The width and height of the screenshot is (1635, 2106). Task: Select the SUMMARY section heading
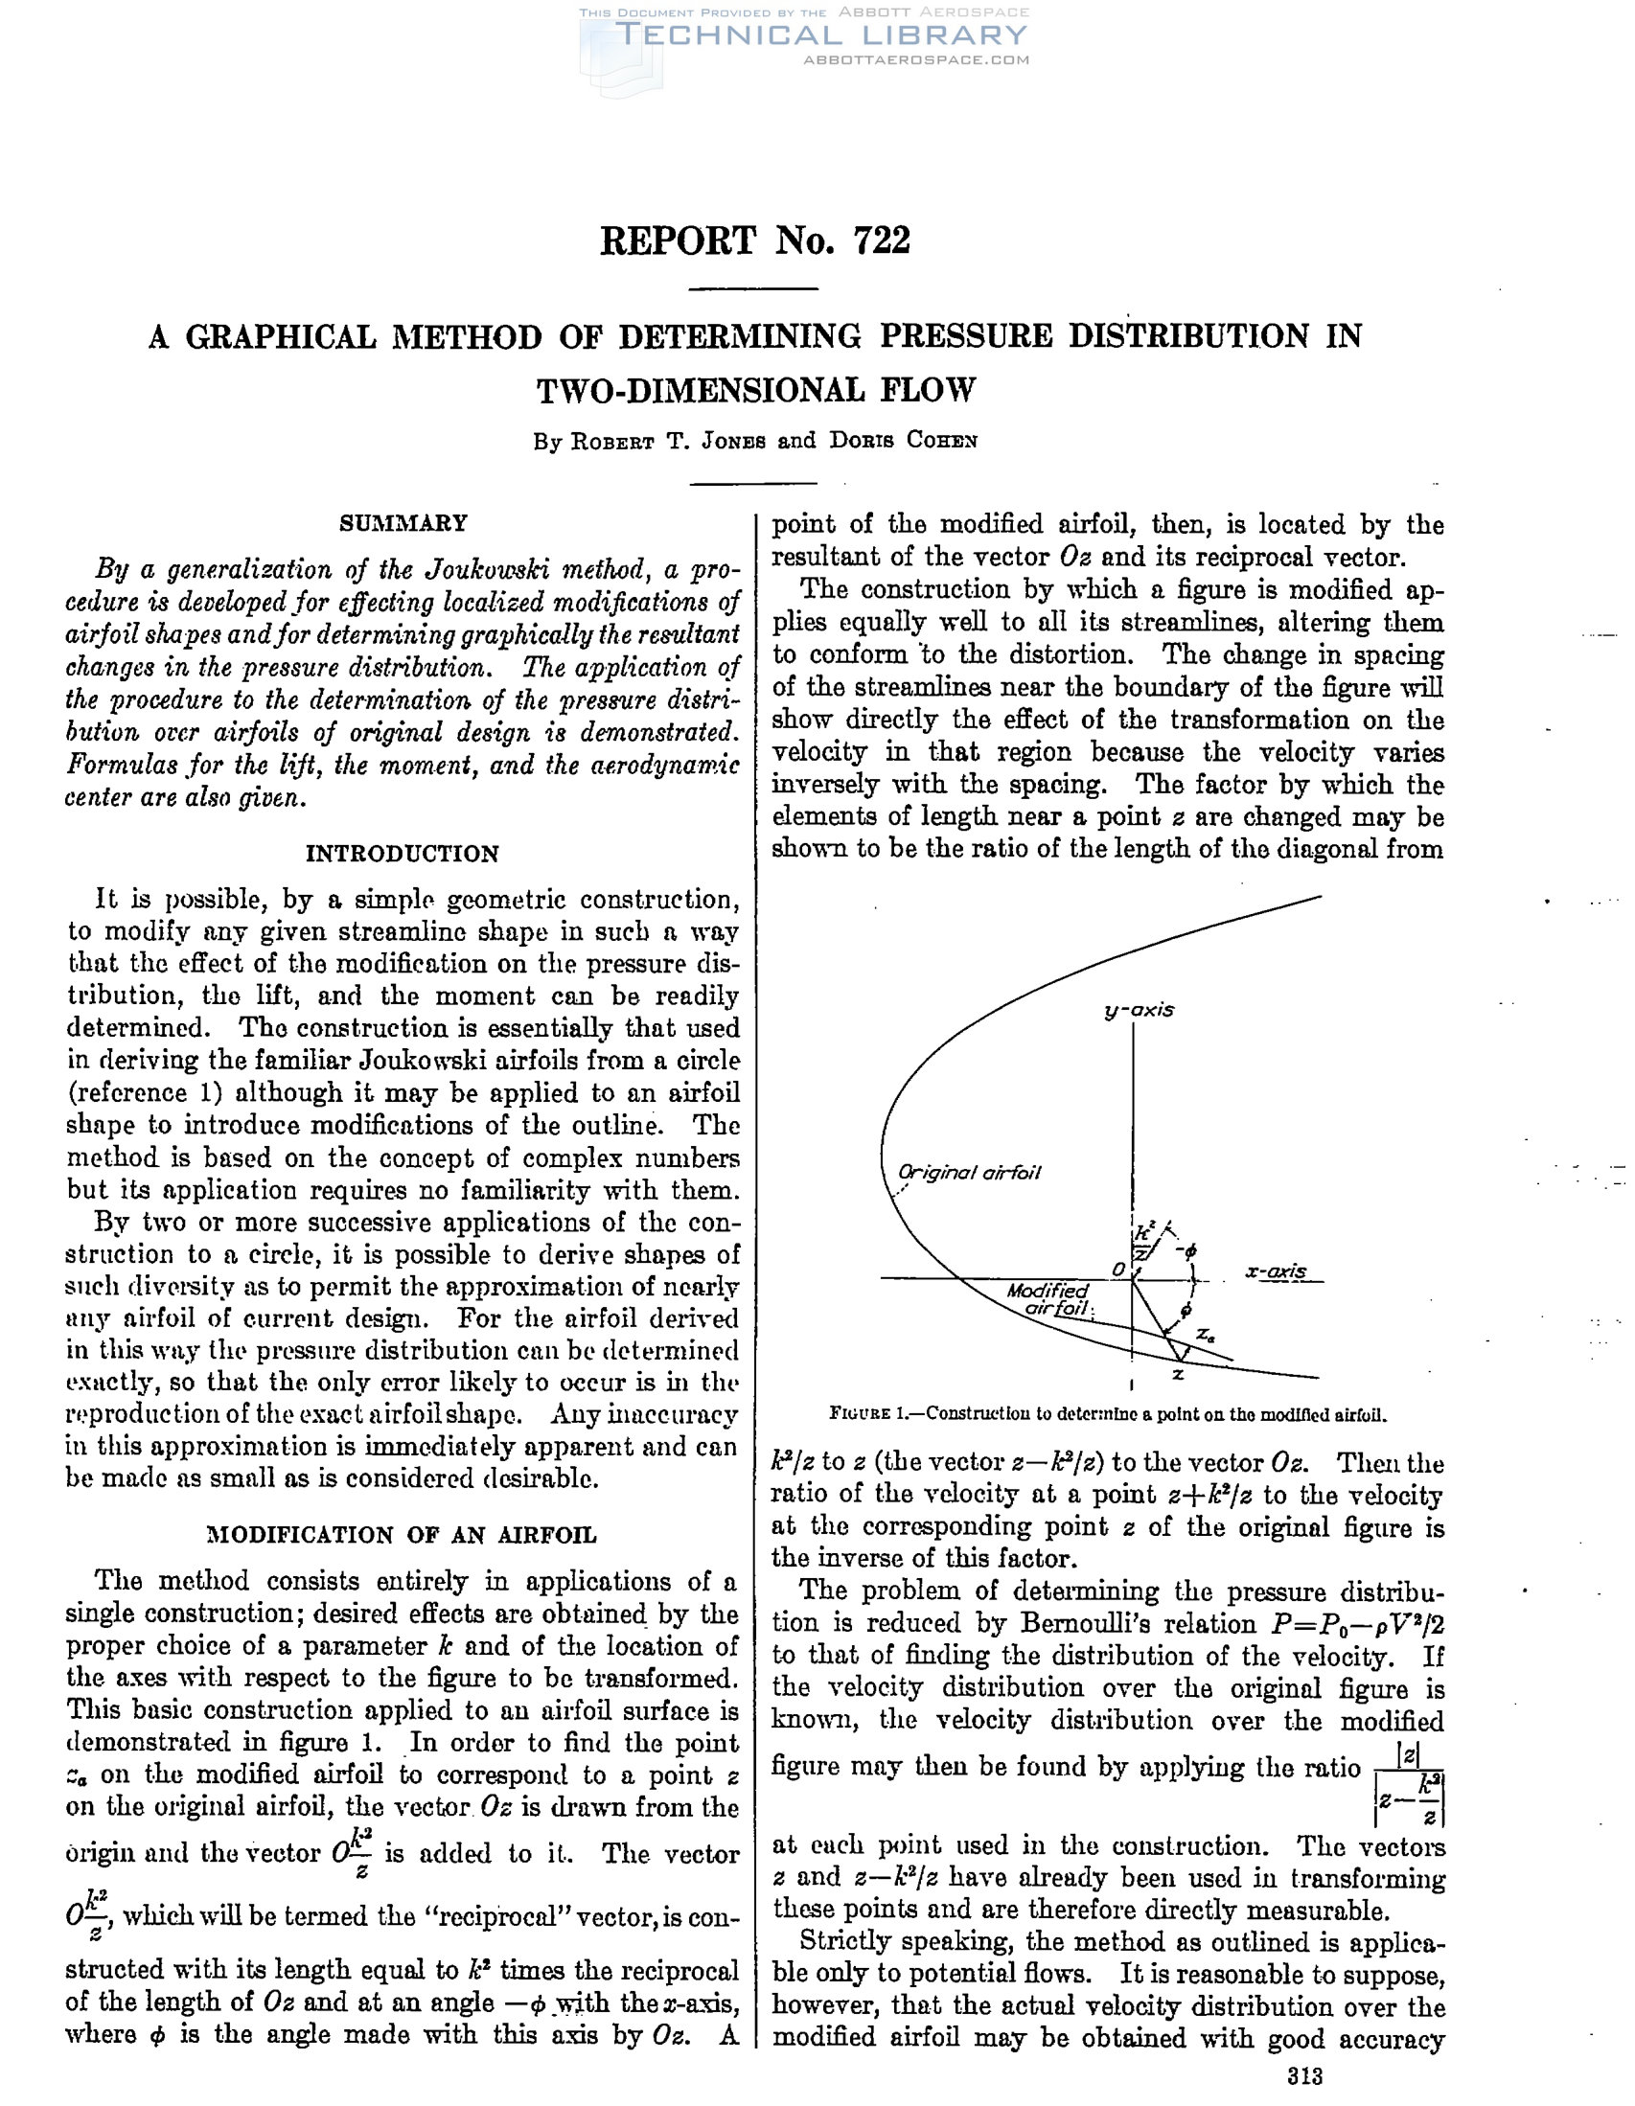[x=403, y=523]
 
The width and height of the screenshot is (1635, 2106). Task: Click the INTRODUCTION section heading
[x=403, y=854]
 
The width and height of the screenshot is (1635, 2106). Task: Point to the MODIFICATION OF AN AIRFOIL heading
[x=403, y=1535]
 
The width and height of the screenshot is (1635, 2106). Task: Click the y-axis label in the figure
[x=1140, y=1011]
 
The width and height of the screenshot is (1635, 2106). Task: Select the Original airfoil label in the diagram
[x=970, y=1173]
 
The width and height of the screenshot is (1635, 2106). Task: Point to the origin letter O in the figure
[x=1118, y=1269]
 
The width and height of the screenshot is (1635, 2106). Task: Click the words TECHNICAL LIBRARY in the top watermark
[x=821, y=35]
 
